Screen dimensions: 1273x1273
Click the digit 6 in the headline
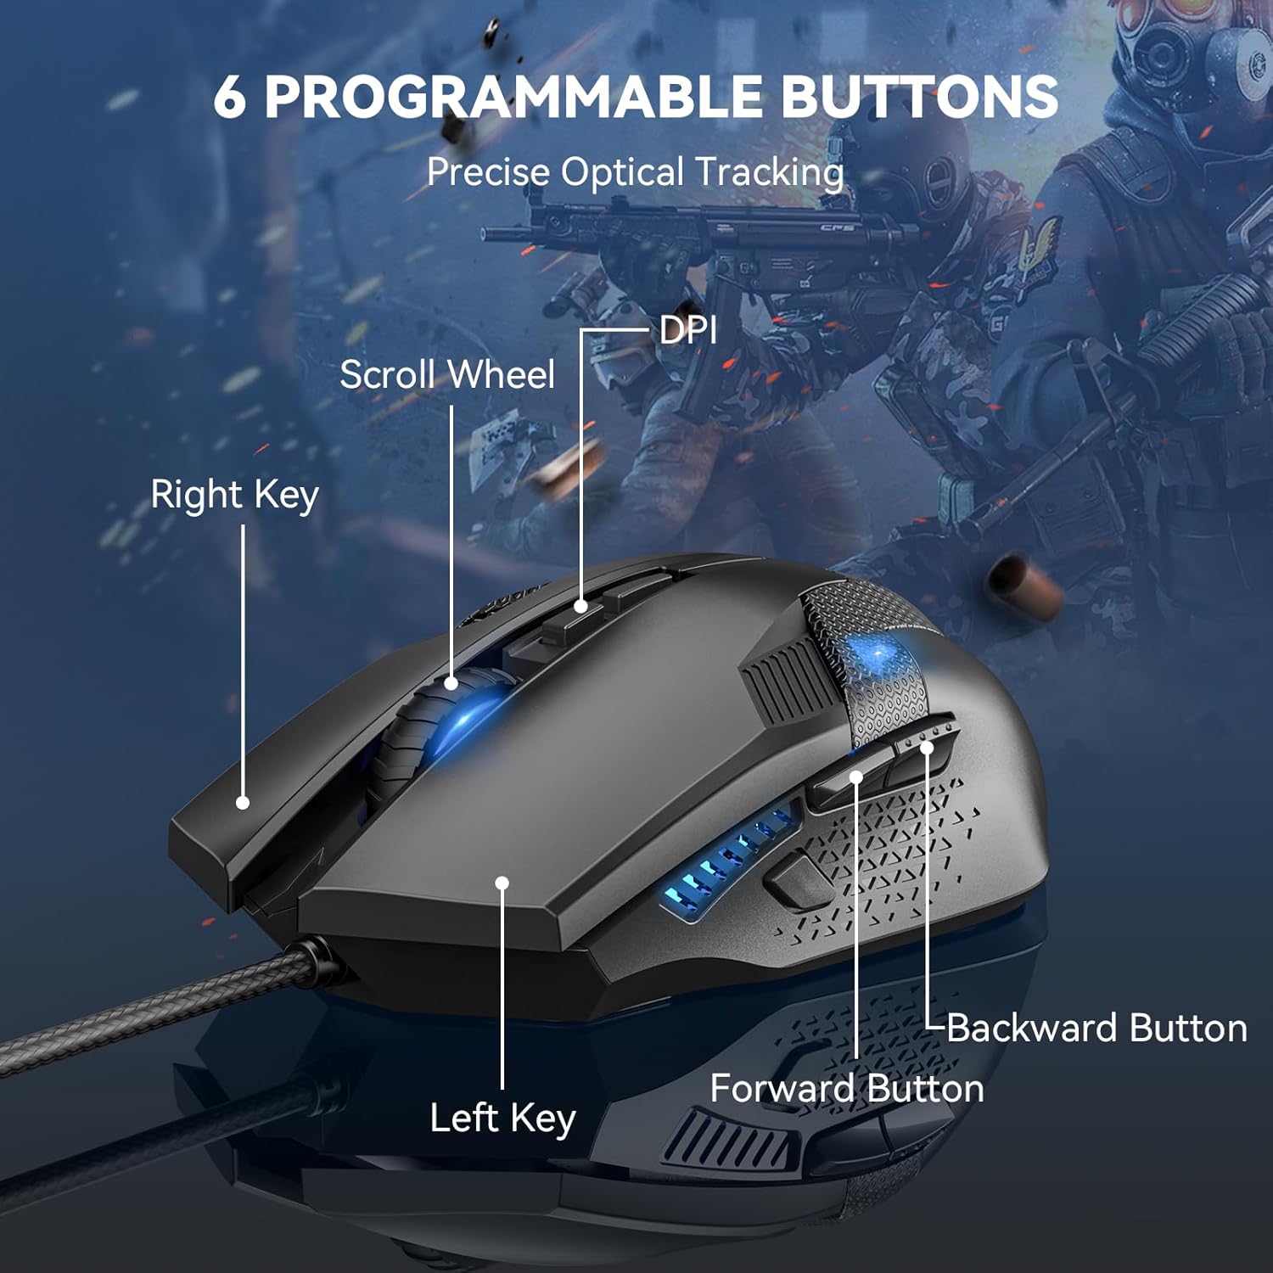pos(230,97)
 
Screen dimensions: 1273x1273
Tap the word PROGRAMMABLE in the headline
pos(513,97)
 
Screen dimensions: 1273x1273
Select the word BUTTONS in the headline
pos(919,97)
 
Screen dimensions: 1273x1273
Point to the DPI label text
pos(687,330)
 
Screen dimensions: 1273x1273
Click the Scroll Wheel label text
pos(447,374)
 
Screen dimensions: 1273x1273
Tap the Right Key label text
pos(234,495)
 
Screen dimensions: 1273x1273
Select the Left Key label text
pos(502,1118)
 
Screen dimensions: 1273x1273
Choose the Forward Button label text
pos(847,1088)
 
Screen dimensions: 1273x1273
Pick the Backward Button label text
pos(1096,1028)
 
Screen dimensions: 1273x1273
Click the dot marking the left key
pos(502,883)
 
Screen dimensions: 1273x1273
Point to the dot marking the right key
pos(243,802)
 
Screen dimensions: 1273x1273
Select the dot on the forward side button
pos(855,777)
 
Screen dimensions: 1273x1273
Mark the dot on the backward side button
pos(927,747)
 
